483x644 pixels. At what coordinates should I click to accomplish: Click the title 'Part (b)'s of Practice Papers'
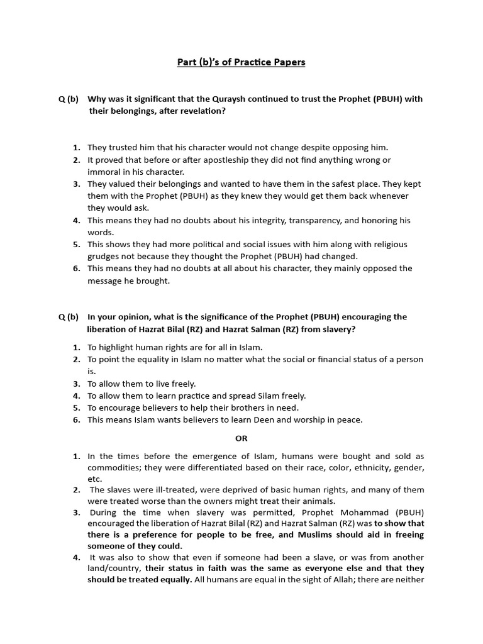tap(241, 62)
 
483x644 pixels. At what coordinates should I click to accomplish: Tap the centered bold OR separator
tap(241, 438)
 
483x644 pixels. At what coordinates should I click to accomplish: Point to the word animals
tap(318, 501)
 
